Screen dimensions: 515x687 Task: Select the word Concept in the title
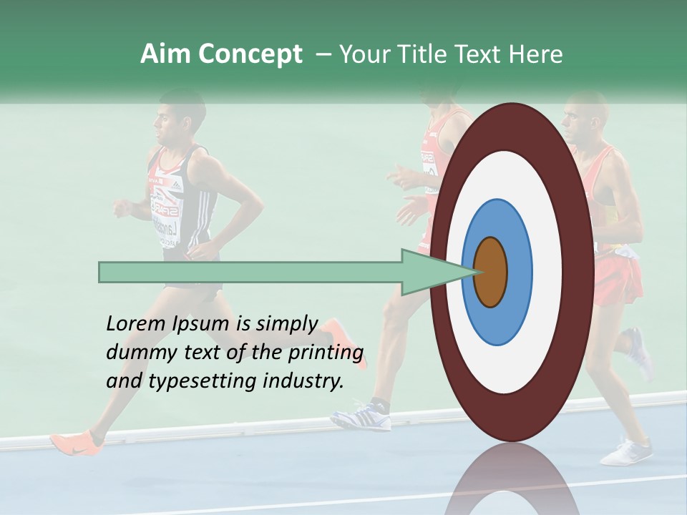pos(249,54)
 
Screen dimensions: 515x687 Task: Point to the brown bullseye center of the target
pos(490,272)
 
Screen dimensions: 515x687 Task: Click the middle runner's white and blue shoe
pos(362,416)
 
